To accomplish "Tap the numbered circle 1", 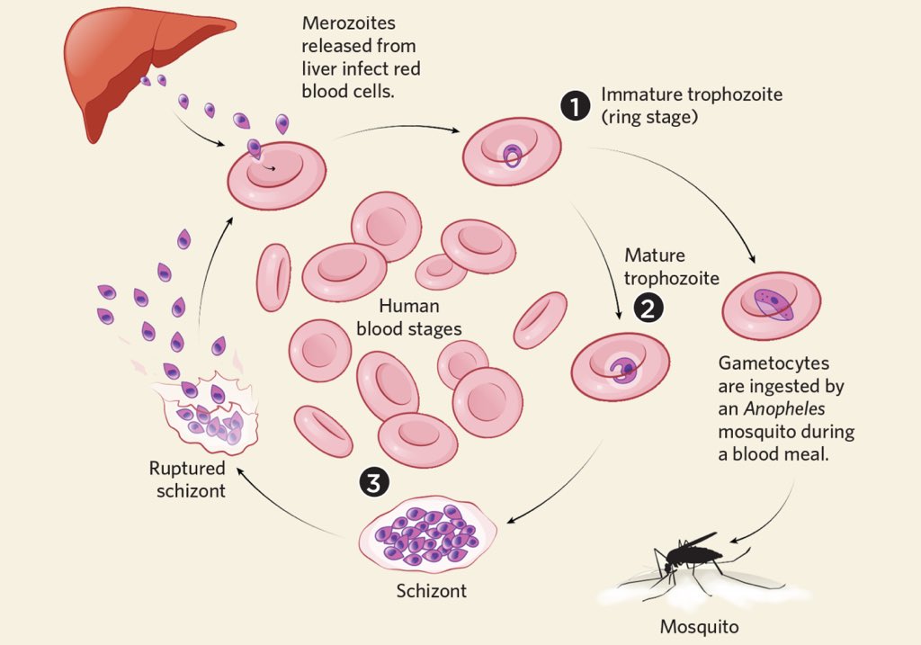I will pos(576,105).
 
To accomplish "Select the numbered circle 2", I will pos(648,309).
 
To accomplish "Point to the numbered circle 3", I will pos(374,483).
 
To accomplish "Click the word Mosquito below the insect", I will pos(693,625).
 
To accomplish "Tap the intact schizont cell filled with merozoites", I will pos(425,533).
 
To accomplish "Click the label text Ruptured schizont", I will pos(187,479).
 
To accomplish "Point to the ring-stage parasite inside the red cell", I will pos(512,157).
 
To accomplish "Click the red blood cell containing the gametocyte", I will pos(771,306).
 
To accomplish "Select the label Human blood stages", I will pos(408,318).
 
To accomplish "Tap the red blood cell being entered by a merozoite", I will pos(275,172).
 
